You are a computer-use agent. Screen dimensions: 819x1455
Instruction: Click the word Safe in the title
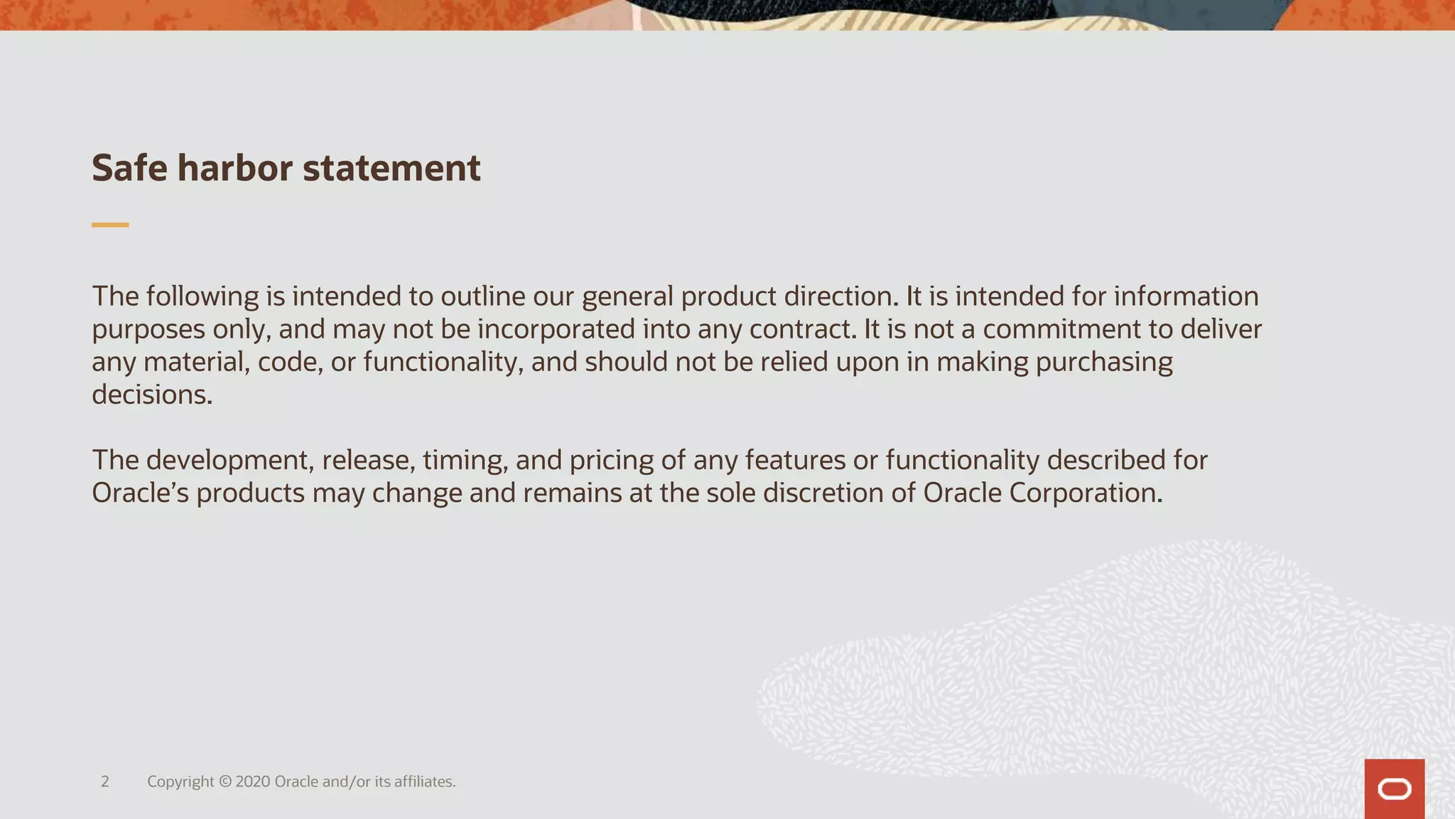coord(129,168)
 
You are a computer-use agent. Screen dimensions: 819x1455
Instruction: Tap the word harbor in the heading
coord(234,168)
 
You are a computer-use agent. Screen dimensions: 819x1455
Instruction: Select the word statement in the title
coord(391,168)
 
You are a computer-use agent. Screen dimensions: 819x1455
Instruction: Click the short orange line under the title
coord(110,225)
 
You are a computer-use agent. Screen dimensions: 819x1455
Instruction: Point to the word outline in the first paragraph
coord(482,296)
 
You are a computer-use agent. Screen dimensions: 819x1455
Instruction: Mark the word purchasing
coord(1104,362)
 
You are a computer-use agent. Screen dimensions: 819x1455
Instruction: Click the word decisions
coord(152,395)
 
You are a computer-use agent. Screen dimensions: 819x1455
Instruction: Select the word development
coord(230,460)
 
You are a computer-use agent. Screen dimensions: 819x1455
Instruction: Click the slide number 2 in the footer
coord(105,782)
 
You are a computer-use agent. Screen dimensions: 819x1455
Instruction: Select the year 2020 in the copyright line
coord(252,782)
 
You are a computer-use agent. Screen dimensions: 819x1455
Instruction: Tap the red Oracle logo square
coord(1394,789)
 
